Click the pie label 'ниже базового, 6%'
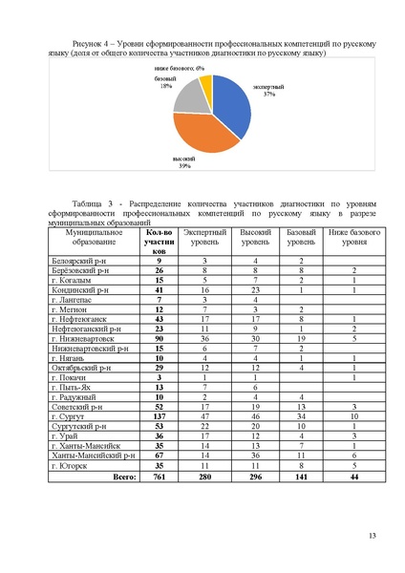pyautogui.click(x=173, y=69)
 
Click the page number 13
pyautogui.click(x=372, y=546)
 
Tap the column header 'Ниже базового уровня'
pyautogui.click(x=350, y=238)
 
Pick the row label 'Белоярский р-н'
pyautogui.click(x=76, y=261)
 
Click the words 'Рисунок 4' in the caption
pyautogui.click(x=80, y=44)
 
